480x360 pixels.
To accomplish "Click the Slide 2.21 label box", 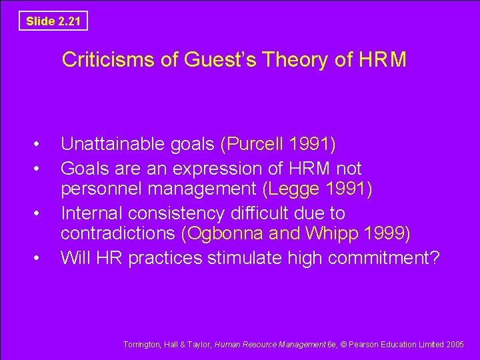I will point(53,21).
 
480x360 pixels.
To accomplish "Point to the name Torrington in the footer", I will point(142,345).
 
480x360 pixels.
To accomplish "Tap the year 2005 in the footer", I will point(455,345).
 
